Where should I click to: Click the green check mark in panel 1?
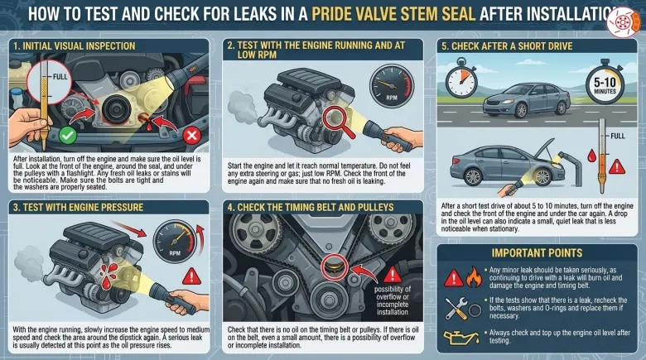point(68,136)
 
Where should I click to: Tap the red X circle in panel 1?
point(191,136)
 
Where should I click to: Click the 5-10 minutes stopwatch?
point(605,83)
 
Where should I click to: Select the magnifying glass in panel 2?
point(338,121)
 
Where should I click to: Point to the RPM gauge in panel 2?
point(392,86)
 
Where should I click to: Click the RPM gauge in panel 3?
point(175,242)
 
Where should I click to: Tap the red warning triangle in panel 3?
point(191,276)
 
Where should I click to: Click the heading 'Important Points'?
point(537,253)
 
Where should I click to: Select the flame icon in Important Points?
point(474,276)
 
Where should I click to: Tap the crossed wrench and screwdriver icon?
point(457,309)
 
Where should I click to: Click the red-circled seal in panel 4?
point(334,267)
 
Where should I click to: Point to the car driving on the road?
point(527,100)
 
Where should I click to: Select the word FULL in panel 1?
point(60,77)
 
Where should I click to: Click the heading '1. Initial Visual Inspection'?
point(75,46)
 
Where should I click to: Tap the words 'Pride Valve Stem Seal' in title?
point(393,14)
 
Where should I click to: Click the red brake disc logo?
point(623,22)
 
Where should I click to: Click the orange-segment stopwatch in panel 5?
point(461,79)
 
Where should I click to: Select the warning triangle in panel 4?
point(393,275)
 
